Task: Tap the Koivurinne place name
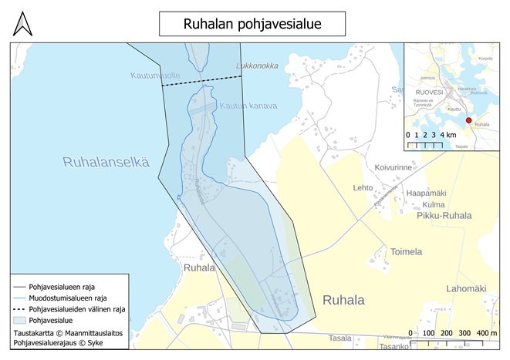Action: click(399, 166)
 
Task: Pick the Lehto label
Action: click(363, 187)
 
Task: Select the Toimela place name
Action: click(407, 251)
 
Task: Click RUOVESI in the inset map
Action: click(430, 92)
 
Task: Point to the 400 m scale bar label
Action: click(486, 333)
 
